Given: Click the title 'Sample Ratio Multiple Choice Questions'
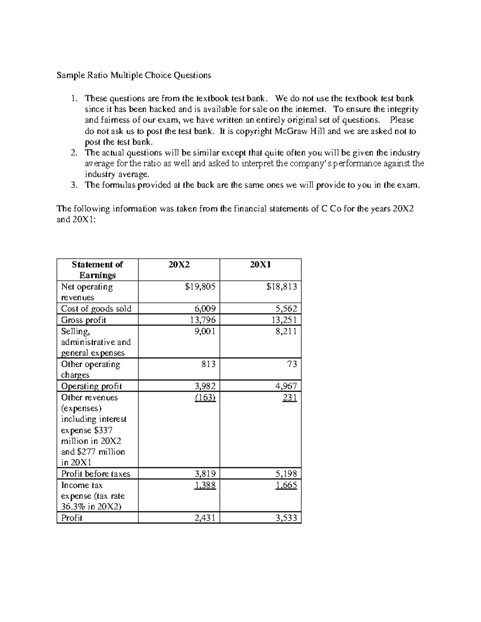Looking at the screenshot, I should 133,75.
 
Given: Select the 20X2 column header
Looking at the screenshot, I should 179,265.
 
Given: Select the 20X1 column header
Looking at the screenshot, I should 261,265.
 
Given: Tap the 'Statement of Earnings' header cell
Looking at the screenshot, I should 97,270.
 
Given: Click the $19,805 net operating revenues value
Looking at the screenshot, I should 200,287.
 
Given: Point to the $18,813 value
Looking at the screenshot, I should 281,287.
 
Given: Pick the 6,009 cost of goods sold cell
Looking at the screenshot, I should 205,308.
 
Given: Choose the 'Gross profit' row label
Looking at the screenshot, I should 83,320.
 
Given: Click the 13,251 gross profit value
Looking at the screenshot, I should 284,320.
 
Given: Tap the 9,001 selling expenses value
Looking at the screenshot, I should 205,331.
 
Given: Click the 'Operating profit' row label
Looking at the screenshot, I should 91,386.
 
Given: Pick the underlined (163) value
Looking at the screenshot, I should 206,397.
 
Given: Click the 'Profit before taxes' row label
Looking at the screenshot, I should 95,474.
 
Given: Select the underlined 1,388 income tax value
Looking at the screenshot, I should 205,485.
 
